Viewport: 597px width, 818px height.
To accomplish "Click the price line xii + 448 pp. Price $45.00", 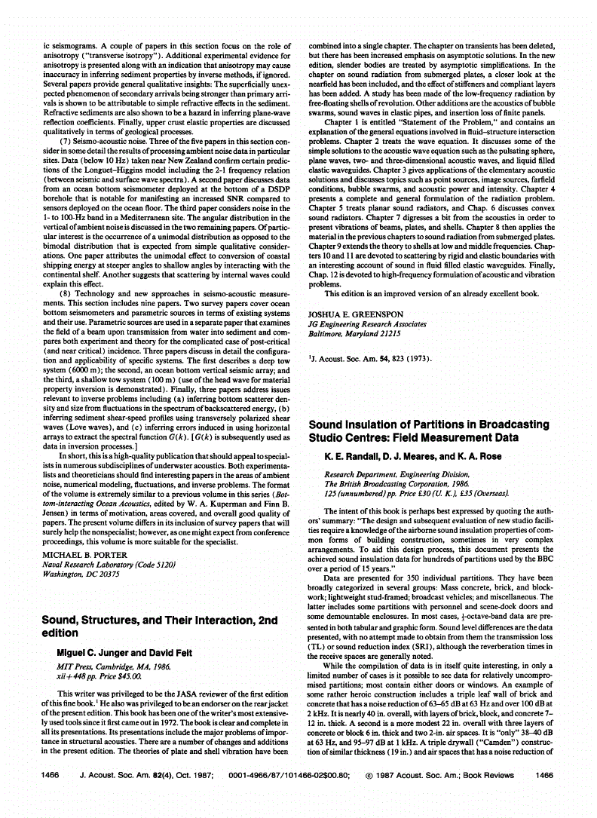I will pos(95,676).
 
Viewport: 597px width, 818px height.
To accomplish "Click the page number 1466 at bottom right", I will pos(544,795).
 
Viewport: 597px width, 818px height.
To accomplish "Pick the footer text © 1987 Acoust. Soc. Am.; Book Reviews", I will pos(439,795).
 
